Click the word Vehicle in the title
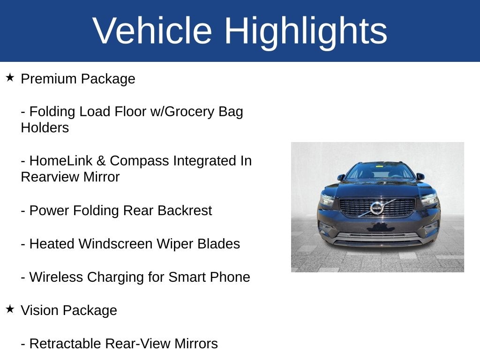click(152, 31)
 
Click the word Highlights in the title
click(306, 31)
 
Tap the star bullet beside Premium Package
click(10, 77)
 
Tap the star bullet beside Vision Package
click(10, 309)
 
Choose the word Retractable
click(65, 344)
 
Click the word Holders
click(45, 128)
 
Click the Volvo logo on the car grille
click(376, 208)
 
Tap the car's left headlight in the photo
click(327, 199)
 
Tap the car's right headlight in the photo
click(428, 199)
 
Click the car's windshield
click(379, 172)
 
